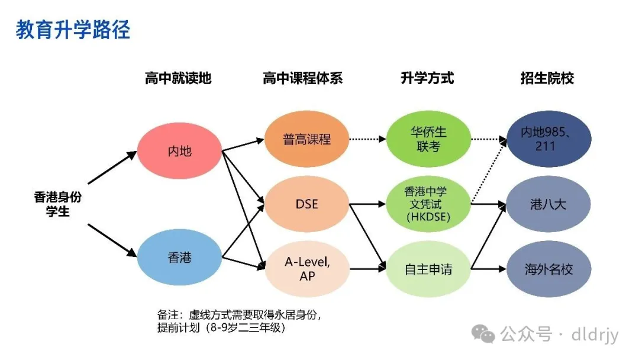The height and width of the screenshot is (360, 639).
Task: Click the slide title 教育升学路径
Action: coord(73,30)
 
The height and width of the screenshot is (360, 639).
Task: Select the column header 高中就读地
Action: coord(178,78)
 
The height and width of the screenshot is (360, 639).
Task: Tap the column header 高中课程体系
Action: coord(302,78)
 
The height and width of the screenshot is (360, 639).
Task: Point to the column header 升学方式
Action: coord(427,78)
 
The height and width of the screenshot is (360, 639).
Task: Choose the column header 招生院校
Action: coord(547,78)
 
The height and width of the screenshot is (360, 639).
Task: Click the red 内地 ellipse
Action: coord(180,151)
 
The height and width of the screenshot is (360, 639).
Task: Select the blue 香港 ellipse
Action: coord(180,258)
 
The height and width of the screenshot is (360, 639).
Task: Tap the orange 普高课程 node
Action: coord(306,139)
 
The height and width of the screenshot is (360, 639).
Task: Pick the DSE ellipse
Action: coord(306,204)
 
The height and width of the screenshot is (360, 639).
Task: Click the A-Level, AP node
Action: coord(306,269)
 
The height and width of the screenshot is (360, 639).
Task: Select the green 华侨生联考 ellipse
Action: coord(428,139)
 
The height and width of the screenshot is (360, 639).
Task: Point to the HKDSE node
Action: coord(428,204)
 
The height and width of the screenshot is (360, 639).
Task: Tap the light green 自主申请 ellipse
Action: coord(428,269)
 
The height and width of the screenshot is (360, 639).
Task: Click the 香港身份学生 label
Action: coord(57,204)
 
